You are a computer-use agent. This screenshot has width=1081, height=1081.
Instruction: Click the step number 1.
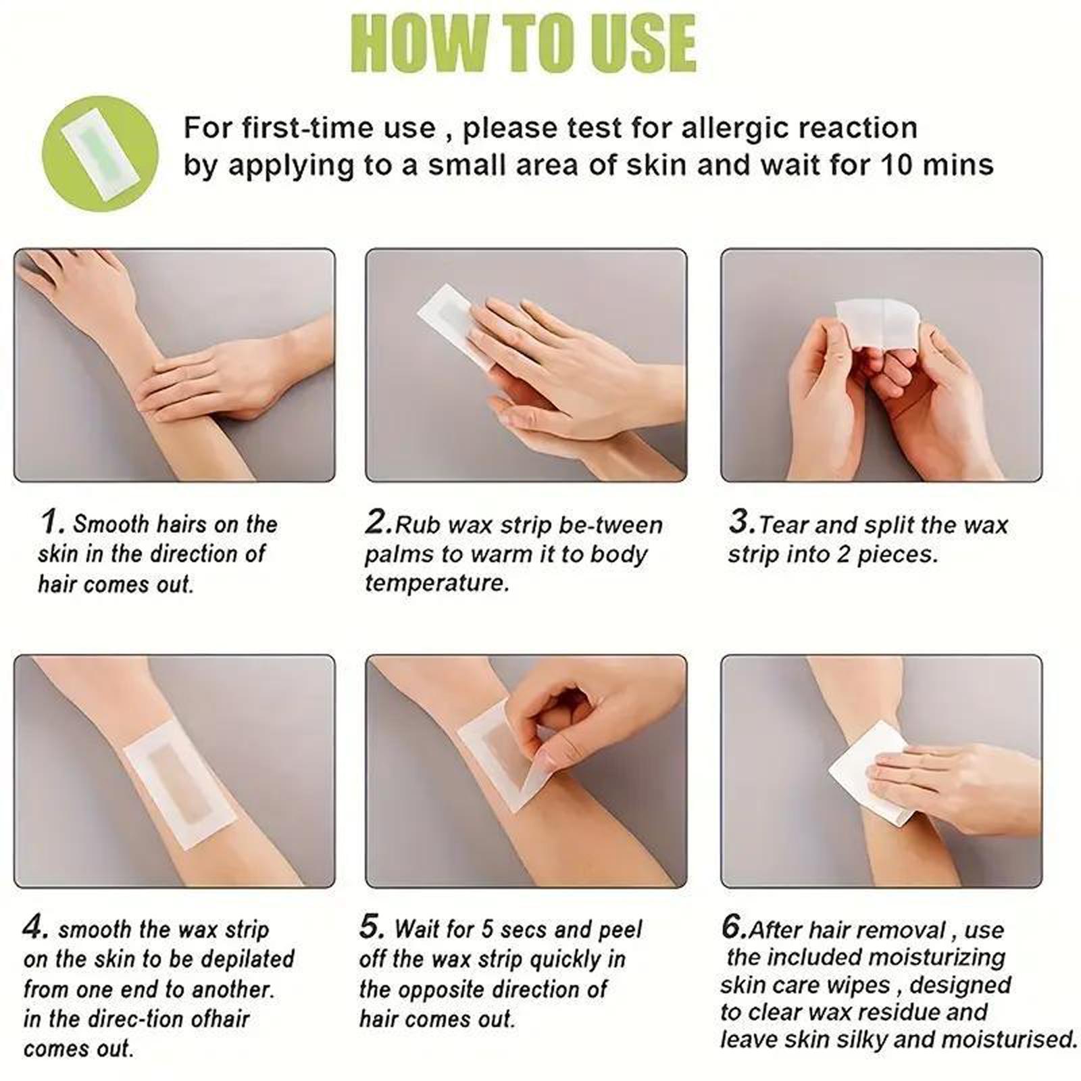pyautogui.click(x=52, y=522)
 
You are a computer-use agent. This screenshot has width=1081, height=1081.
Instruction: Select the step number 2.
pyautogui.click(x=378, y=522)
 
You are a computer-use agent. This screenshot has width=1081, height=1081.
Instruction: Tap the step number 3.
pyautogui.click(x=741, y=522)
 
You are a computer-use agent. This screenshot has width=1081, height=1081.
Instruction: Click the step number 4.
pyautogui.click(x=35, y=927)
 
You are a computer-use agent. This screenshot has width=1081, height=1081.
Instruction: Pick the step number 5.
pyautogui.click(x=372, y=927)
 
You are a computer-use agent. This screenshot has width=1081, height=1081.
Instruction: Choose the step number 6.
pyautogui.click(x=733, y=927)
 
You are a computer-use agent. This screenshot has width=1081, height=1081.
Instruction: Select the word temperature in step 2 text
pyautogui.click(x=436, y=582)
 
